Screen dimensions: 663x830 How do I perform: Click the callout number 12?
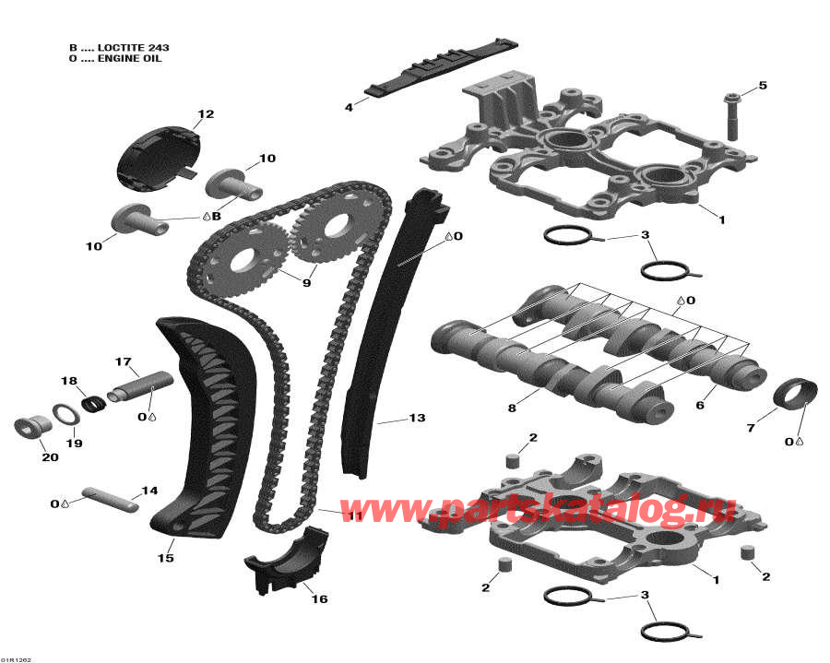click(205, 114)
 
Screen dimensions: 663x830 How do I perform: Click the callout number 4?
click(349, 108)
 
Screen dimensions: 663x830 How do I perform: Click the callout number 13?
click(417, 419)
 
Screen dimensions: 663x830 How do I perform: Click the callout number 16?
click(319, 599)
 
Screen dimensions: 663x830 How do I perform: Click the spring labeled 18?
click(93, 402)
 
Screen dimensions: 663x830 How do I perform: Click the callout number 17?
click(124, 361)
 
